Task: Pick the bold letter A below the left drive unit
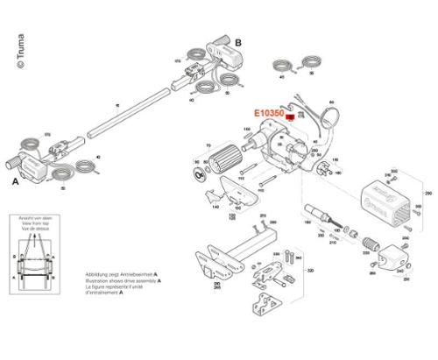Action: point(15,184)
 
